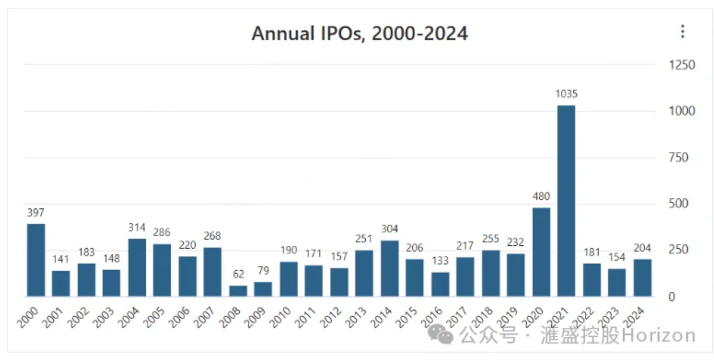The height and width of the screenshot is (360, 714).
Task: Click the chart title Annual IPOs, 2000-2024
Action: pyautogui.click(x=360, y=34)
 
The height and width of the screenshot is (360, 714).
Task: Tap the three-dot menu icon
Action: pyautogui.click(x=682, y=32)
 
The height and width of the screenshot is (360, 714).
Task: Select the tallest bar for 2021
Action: pyautogui.click(x=566, y=201)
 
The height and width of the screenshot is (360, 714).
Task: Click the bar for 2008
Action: pyautogui.click(x=238, y=291)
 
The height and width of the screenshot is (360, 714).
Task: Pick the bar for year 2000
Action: pyautogui.click(x=36, y=260)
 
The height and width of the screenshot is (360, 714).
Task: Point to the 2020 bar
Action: pyautogui.click(x=541, y=252)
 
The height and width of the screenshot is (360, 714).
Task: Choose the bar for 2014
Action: pyautogui.click(x=390, y=268)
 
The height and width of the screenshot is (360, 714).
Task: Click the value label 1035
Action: pyautogui.click(x=566, y=94)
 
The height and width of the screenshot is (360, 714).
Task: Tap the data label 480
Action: pyautogui.click(x=541, y=197)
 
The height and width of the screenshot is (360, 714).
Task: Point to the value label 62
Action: pyautogui.click(x=238, y=275)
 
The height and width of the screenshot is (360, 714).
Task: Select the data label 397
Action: pyautogui.click(x=36, y=212)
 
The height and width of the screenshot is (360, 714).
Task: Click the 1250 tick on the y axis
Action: pyautogui.click(x=682, y=65)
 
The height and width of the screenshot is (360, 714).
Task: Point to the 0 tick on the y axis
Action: pyautogui.click(x=672, y=297)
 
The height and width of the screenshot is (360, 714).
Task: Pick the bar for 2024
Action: pyautogui.click(x=642, y=278)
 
